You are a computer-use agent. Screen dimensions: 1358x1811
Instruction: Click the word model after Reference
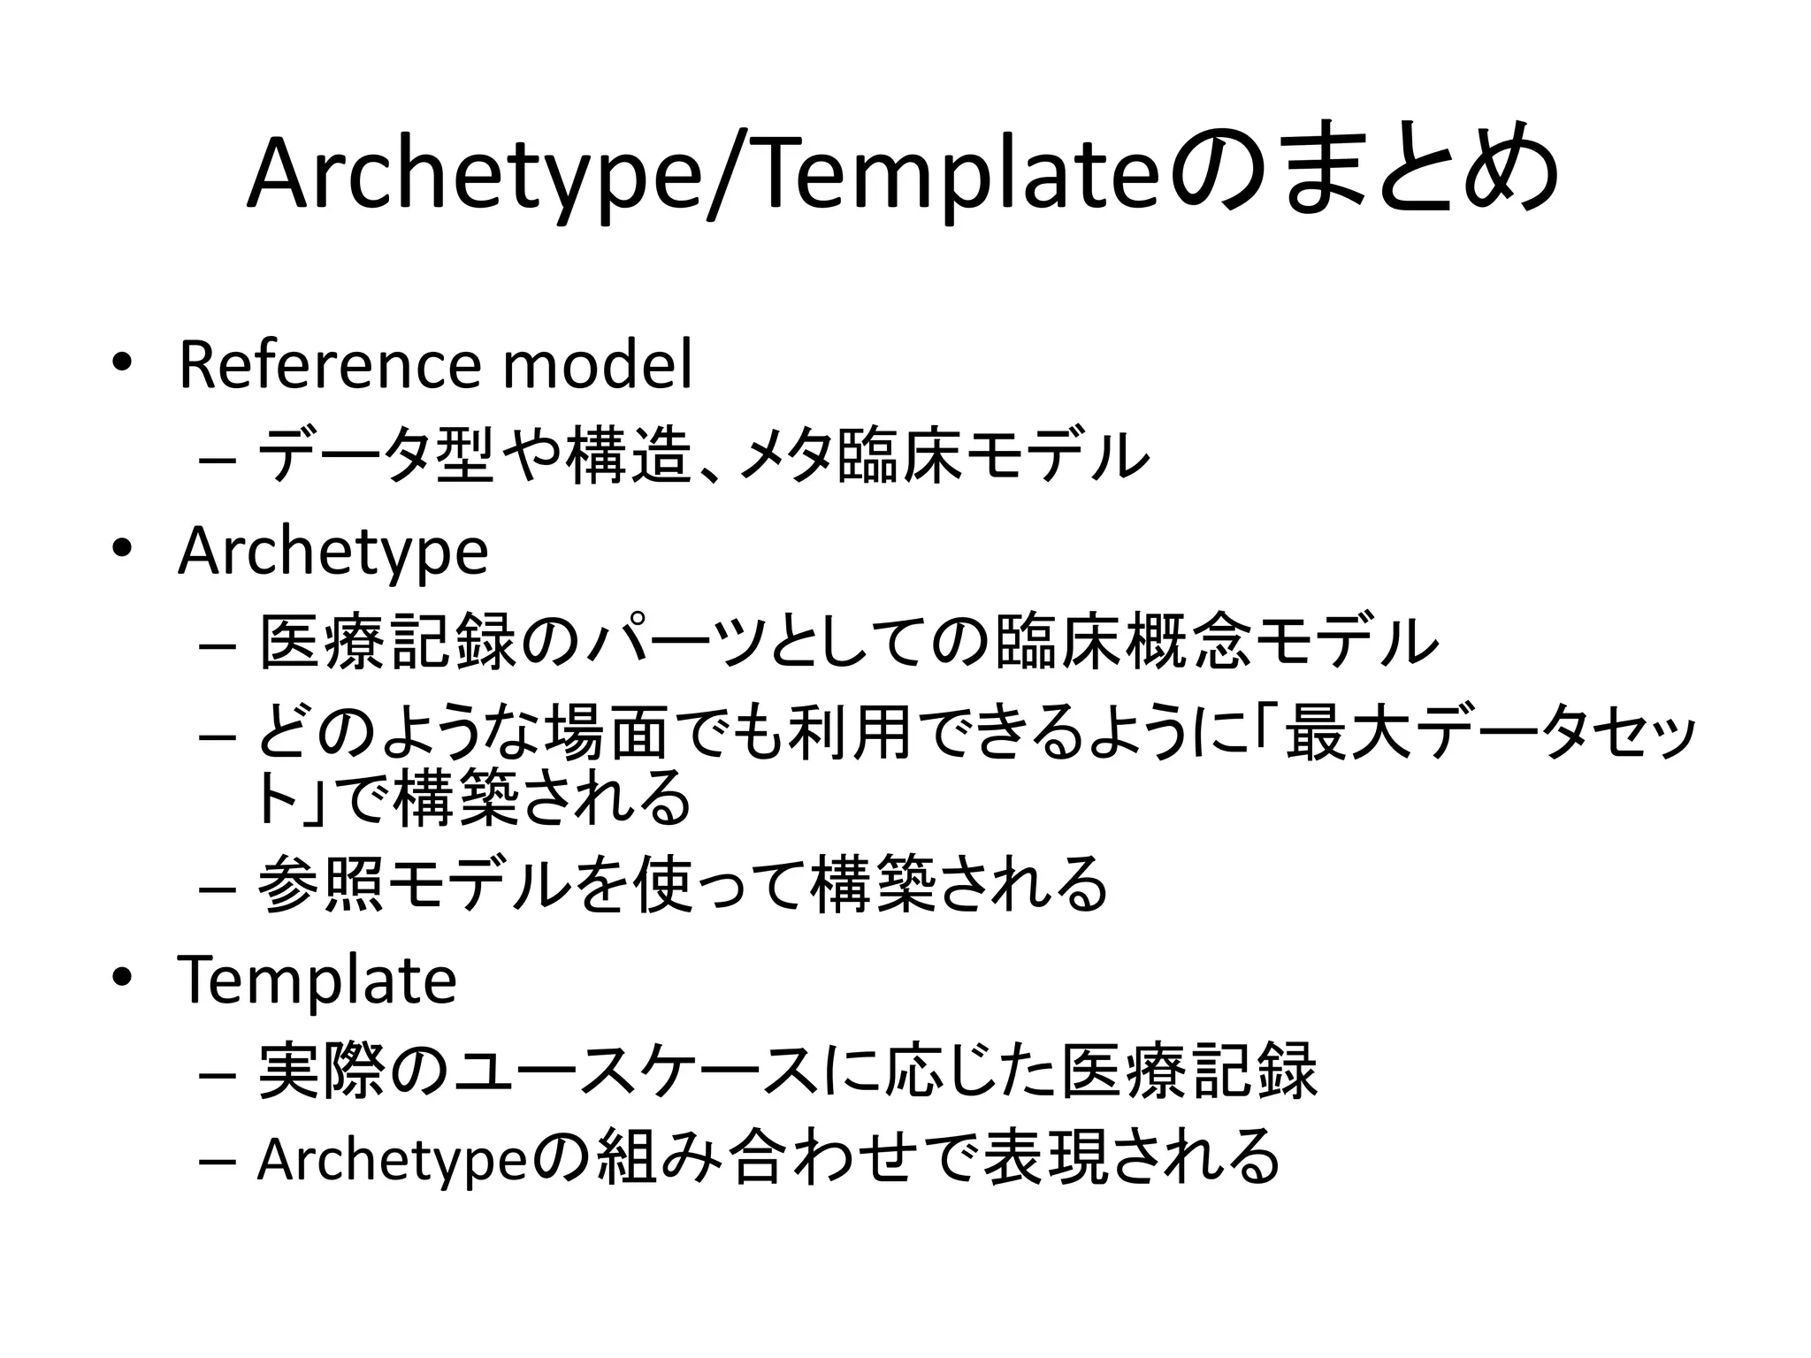tap(597, 364)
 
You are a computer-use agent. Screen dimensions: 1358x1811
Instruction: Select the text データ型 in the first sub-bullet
tap(375, 456)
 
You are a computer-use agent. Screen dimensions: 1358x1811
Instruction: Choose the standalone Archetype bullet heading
tap(332, 553)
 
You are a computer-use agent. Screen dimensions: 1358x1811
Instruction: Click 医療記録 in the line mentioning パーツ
tap(387, 643)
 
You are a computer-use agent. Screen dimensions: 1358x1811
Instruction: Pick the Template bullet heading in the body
tap(317, 980)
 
